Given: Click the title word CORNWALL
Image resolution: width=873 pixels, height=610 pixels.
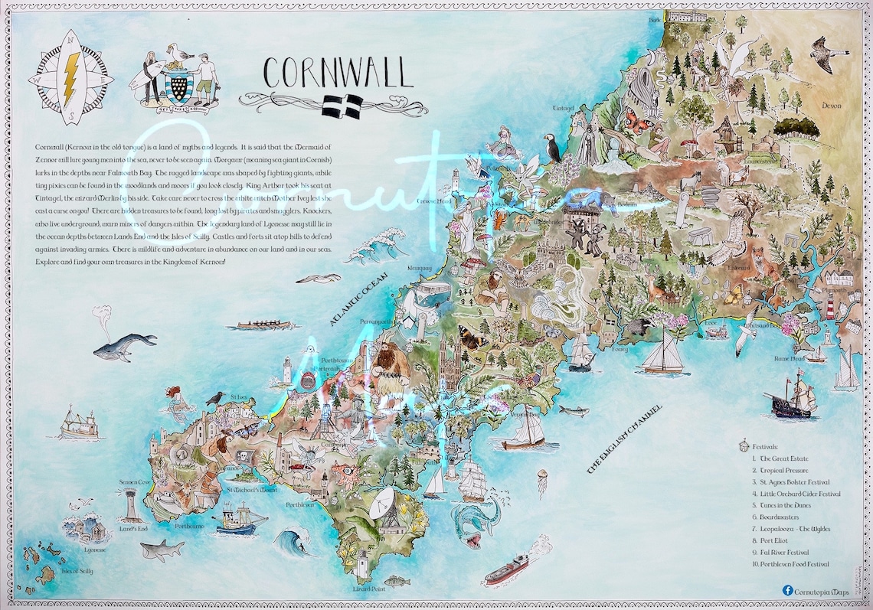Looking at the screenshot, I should click(x=337, y=73).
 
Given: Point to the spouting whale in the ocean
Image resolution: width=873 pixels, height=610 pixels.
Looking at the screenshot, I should click(x=124, y=346).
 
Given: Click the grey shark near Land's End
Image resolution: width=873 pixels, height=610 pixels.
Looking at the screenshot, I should click(x=162, y=548).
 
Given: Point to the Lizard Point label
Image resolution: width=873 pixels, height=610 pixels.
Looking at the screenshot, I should click(x=368, y=589).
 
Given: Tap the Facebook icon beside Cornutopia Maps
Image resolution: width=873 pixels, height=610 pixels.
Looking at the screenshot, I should click(x=787, y=590).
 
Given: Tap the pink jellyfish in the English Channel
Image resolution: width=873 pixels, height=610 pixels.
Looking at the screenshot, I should click(x=542, y=482).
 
